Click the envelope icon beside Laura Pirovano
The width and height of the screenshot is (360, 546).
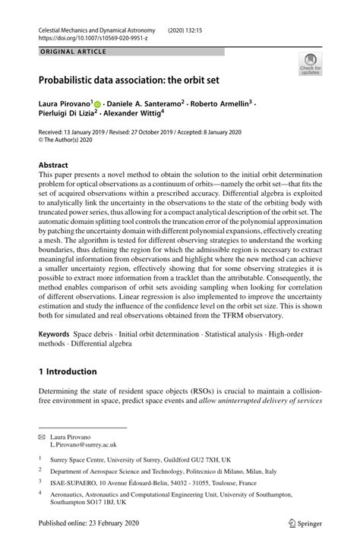click(43, 439)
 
